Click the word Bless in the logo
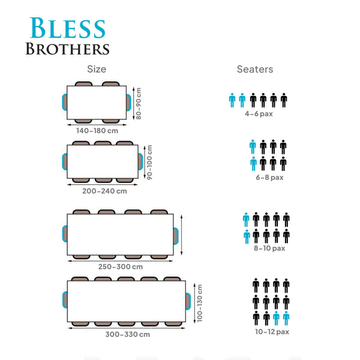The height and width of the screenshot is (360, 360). click(67, 28)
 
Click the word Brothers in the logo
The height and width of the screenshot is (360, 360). click(67, 49)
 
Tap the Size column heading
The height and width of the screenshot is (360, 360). click(97, 69)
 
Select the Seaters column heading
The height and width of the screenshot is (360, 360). click(255, 69)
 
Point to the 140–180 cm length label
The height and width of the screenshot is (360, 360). click(97, 131)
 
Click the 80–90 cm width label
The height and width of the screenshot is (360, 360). click(139, 103)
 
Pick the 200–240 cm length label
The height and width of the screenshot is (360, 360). click(104, 191)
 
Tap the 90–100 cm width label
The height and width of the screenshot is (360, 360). click(149, 162)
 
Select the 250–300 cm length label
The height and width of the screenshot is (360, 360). click(121, 266)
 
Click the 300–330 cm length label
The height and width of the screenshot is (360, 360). click(128, 334)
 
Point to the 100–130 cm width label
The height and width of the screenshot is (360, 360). click(200, 303)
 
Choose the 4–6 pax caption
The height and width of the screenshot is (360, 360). click(259, 113)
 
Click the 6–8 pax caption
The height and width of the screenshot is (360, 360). click(269, 177)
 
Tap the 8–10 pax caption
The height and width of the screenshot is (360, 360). click(269, 248)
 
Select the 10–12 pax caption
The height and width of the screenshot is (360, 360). click(272, 332)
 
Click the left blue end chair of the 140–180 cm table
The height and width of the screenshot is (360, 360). click(64, 102)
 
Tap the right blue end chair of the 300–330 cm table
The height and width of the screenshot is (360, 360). click(188, 301)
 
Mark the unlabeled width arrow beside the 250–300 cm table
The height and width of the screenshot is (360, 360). click(181, 235)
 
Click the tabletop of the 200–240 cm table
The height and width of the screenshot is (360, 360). click(103, 161)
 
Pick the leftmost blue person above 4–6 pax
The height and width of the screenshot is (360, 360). click(232, 100)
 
